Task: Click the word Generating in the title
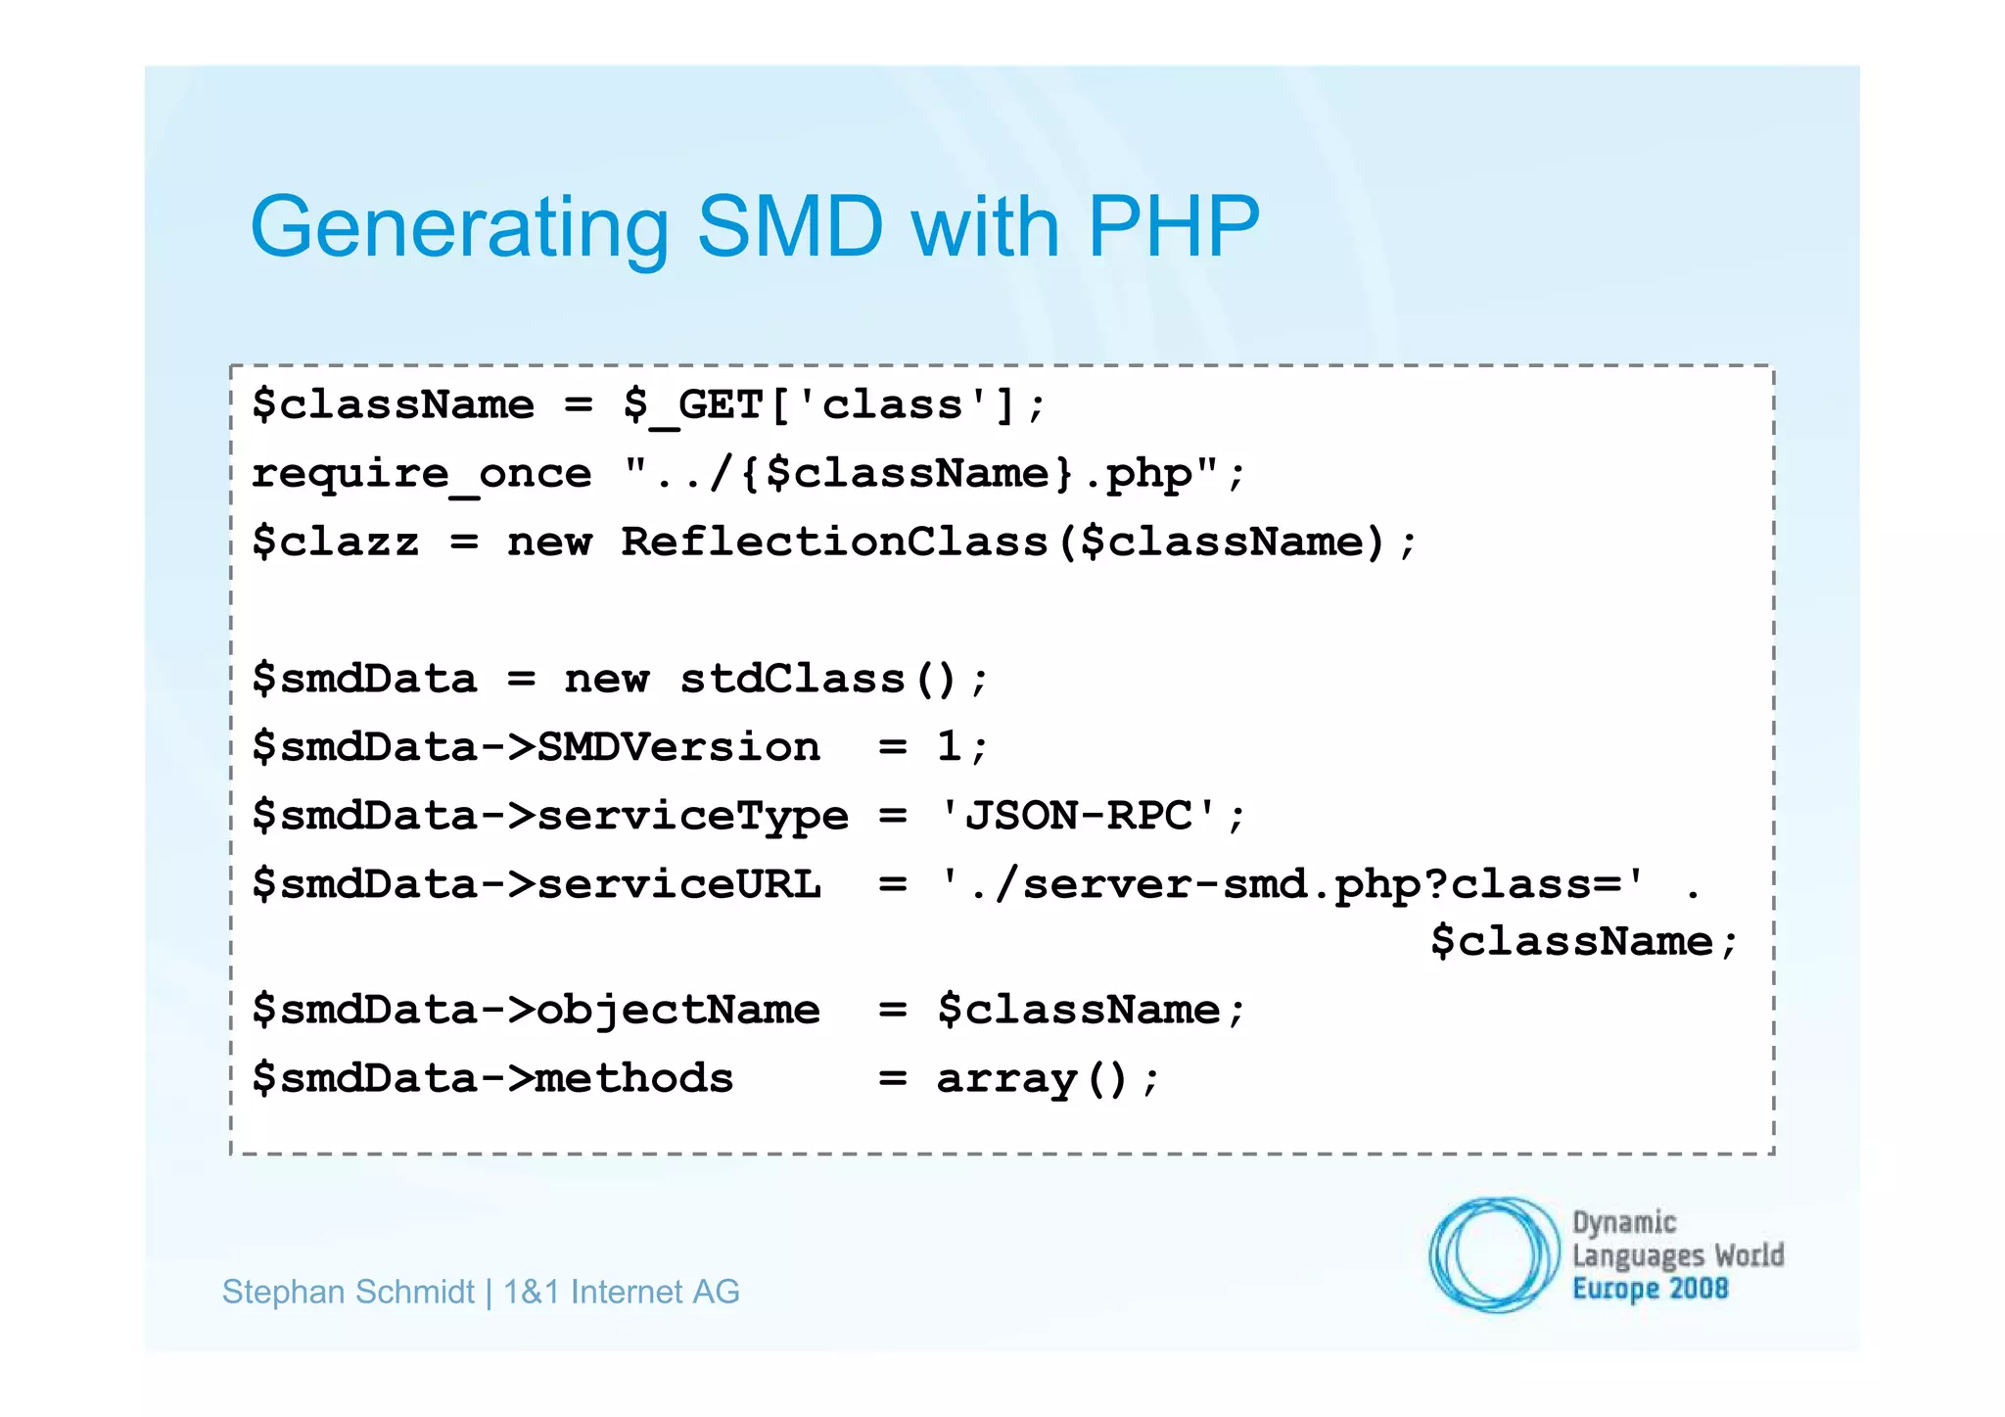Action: click(458, 227)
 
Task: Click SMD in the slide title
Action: click(790, 227)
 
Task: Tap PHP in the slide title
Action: click(1173, 227)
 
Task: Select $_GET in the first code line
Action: click(692, 404)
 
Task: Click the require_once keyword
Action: click(422, 474)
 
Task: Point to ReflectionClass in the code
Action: click(834, 542)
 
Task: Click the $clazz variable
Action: click(336, 542)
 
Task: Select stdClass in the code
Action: click(792, 679)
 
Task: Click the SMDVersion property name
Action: click(678, 747)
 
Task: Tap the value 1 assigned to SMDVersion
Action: click(949, 747)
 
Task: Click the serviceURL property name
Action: click(678, 884)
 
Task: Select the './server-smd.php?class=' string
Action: click(1291, 884)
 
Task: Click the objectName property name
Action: click(678, 1010)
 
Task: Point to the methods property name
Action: click(634, 1078)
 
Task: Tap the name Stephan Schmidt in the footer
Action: click(349, 1292)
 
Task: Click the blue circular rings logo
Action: click(1494, 1254)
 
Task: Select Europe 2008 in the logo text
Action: click(1650, 1289)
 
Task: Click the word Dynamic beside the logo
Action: click(1624, 1222)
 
